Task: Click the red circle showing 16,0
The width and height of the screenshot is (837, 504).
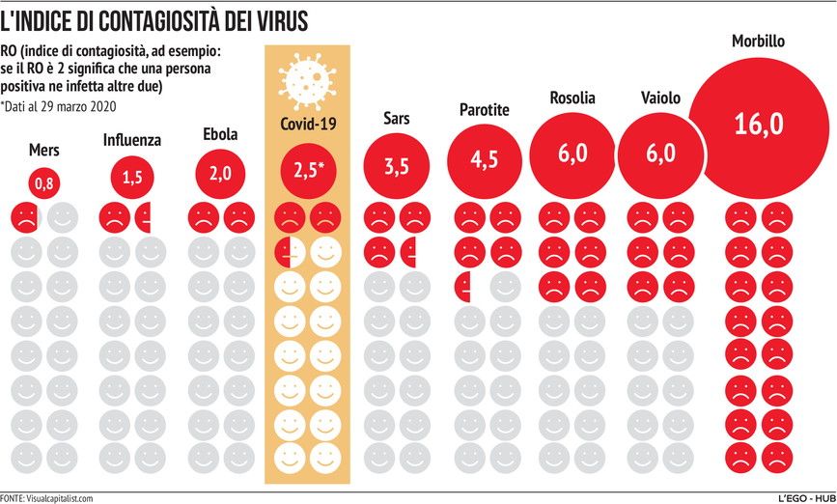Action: click(x=757, y=126)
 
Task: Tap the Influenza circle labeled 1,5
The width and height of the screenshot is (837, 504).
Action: click(x=131, y=177)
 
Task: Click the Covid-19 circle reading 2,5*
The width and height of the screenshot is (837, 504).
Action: click(x=308, y=171)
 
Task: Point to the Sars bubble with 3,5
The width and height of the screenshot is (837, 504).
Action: click(x=396, y=166)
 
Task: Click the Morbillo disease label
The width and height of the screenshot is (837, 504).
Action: click(x=758, y=42)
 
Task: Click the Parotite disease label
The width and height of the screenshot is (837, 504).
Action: click(x=485, y=110)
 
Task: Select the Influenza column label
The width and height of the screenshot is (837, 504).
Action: click(x=131, y=141)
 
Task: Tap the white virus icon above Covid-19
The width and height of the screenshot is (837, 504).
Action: click(x=307, y=80)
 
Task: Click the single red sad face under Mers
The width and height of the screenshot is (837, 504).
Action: click(x=26, y=216)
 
